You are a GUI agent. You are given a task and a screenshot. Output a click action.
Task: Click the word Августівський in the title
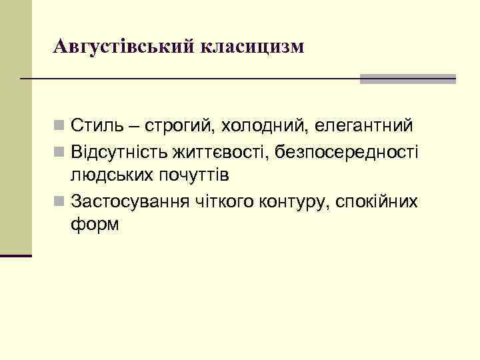pos(123,47)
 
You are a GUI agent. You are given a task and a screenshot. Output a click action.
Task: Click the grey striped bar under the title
pos(407,79)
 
